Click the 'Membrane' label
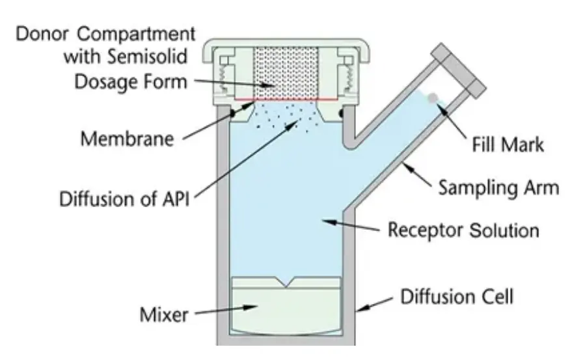coord(128,139)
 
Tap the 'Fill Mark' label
coord(508,145)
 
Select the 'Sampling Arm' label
coord(499,187)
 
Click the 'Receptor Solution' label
coord(464,230)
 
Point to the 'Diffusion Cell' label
coord(457,297)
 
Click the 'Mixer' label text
coord(164,314)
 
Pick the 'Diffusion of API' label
coord(124,199)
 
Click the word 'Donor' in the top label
coord(42,34)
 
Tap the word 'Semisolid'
coord(147,57)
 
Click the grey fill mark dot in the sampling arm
coord(433,98)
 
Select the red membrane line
coord(286,100)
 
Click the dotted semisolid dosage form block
coord(286,73)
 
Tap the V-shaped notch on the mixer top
coord(286,282)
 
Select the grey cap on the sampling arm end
coord(459,71)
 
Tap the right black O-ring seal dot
coord(342,113)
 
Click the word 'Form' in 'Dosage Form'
coord(167,81)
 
